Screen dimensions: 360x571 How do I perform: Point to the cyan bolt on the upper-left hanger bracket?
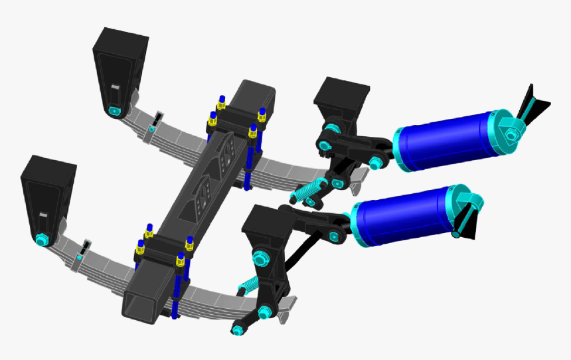coord(114,110)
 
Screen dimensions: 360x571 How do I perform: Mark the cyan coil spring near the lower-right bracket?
coord(248,286)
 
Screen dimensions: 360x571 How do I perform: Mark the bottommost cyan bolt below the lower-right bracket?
coord(238,329)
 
